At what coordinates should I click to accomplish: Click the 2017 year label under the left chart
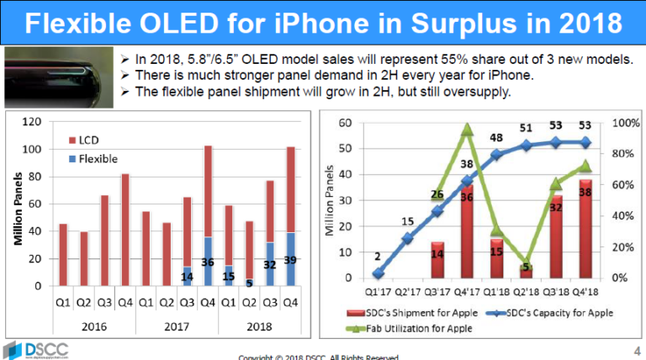coord(177,327)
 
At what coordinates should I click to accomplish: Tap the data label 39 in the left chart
coord(290,261)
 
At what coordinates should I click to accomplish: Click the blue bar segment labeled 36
coord(209,262)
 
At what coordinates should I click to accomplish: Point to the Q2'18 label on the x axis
coord(525,293)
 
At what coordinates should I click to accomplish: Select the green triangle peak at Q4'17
coord(468,130)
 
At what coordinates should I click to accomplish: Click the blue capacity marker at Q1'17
coord(378,273)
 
